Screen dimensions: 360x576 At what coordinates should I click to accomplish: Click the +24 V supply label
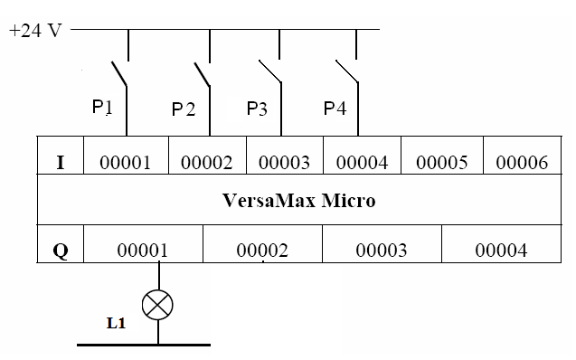point(35,30)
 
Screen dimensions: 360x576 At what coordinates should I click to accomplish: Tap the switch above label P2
point(203,75)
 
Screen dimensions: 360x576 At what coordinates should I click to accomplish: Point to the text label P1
point(102,107)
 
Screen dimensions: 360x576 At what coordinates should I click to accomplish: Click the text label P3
point(257,109)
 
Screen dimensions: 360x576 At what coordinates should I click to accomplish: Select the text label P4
point(335,109)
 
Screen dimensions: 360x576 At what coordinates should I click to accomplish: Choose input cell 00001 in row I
point(125,162)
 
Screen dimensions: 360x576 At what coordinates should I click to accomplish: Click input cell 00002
point(206,162)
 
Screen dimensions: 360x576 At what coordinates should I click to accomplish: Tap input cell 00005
point(441,162)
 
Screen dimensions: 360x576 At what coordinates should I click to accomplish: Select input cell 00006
point(522,162)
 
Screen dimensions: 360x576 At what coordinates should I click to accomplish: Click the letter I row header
point(60,162)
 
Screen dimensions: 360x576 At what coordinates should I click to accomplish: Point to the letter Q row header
point(60,251)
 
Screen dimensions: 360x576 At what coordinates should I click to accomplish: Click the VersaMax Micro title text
point(298,200)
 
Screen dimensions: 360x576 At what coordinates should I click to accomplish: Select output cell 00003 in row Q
point(381,251)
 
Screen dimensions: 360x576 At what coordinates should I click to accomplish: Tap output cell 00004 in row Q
point(501,251)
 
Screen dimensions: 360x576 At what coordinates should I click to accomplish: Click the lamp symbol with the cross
point(158,305)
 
